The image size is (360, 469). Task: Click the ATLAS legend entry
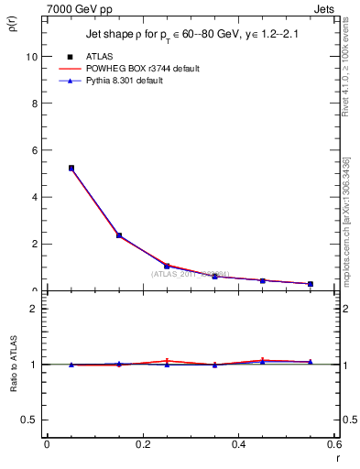99,56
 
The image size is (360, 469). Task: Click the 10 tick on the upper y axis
31,56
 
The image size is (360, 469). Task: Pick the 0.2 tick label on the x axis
143,444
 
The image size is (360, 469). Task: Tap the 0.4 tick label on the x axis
239,444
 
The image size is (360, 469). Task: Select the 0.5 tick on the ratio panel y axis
29,420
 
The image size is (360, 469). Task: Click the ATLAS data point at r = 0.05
71,168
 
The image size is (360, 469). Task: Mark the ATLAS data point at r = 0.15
118,235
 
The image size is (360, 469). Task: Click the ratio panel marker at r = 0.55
311,362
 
